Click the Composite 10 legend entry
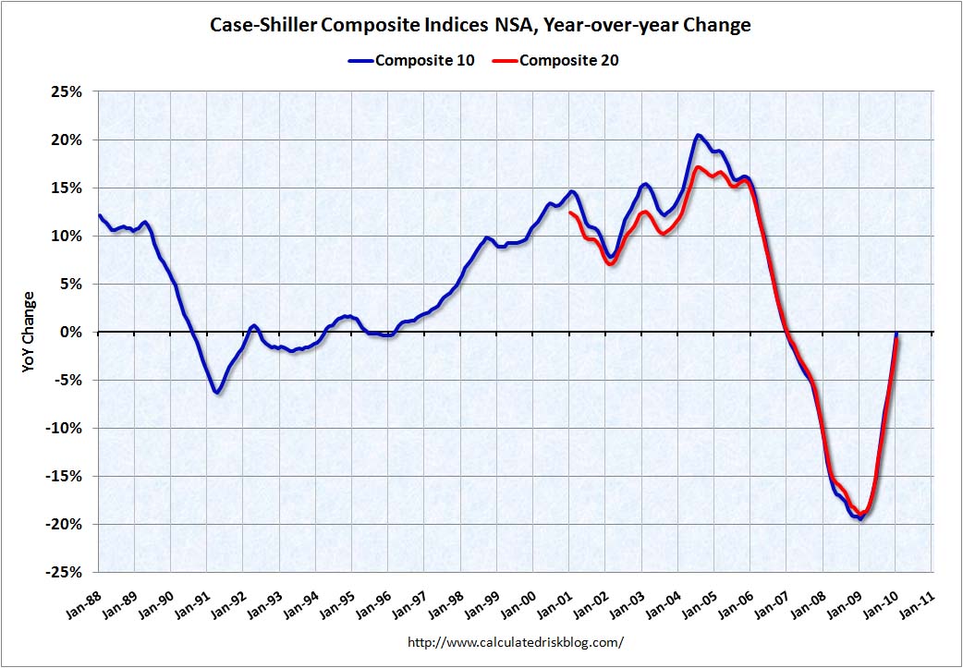(x=424, y=61)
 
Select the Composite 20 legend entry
(x=568, y=61)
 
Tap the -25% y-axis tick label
(x=66, y=572)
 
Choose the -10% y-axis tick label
(x=66, y=429)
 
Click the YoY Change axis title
(x=29, y=333)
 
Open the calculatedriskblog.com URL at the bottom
(x=515, y=641)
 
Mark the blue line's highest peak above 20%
(x=698, y=136)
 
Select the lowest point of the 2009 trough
(x=860, y=518)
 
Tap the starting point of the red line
(x=570, y=213)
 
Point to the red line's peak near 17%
(x=699, y=167)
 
